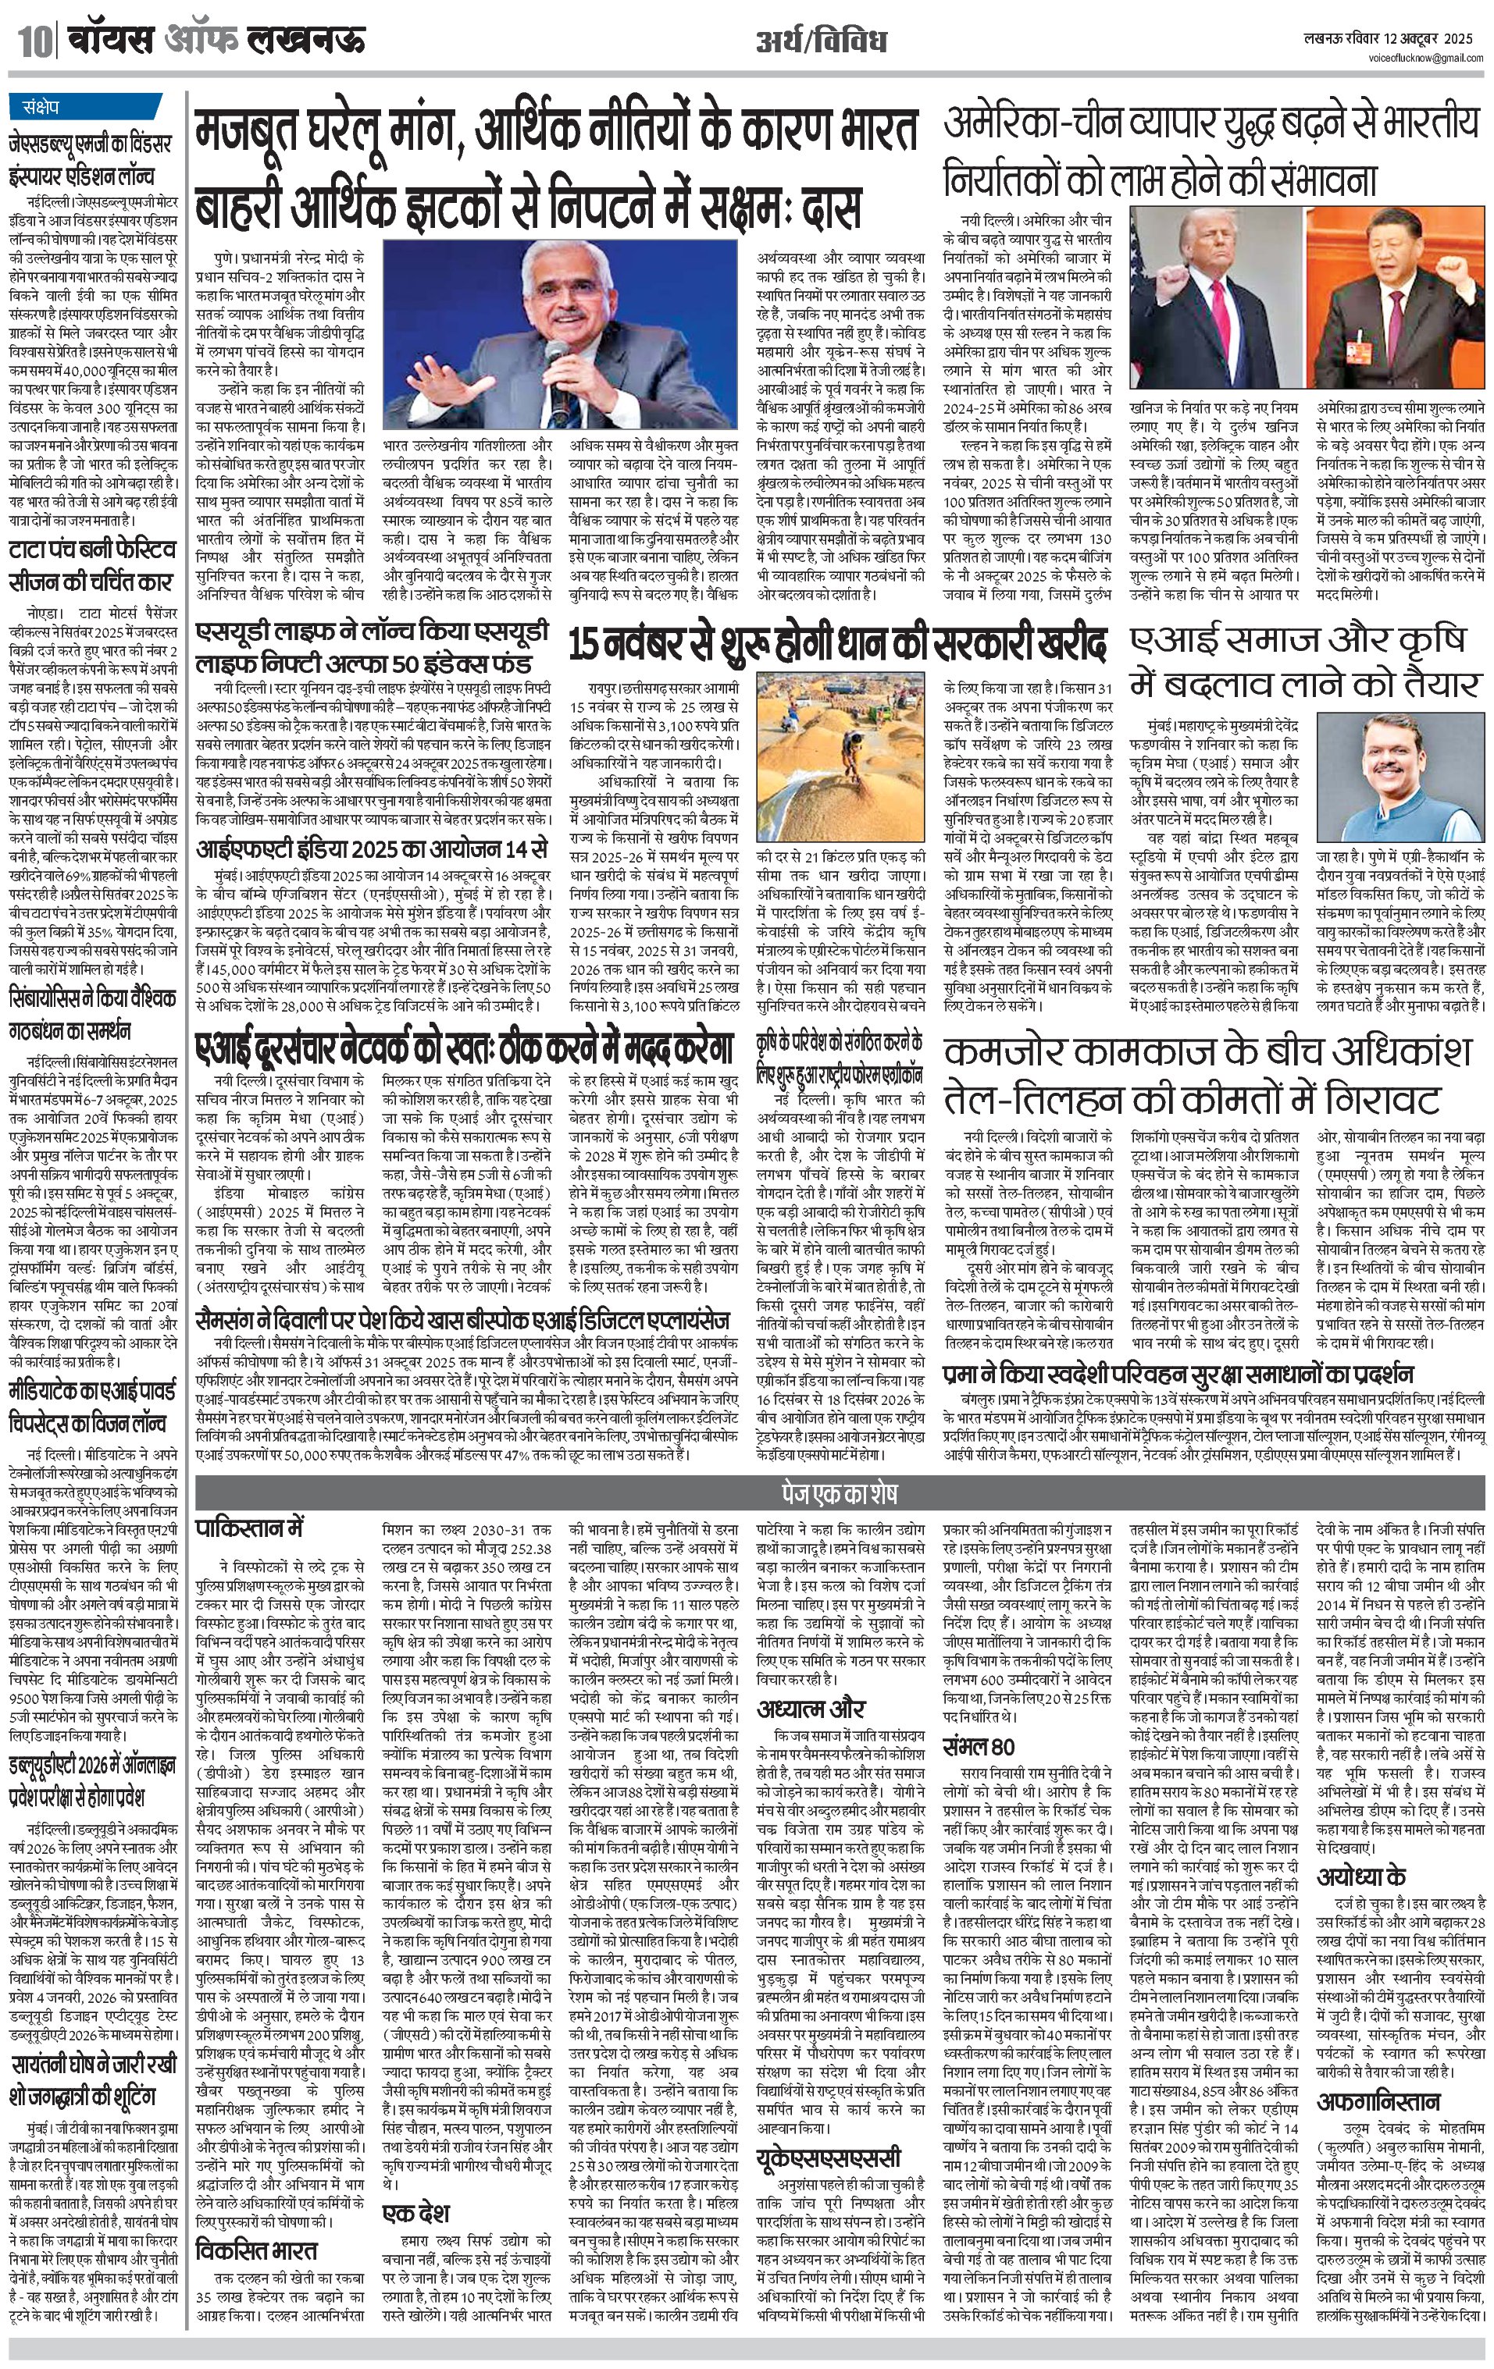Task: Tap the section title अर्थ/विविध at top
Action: pos(821,41)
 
